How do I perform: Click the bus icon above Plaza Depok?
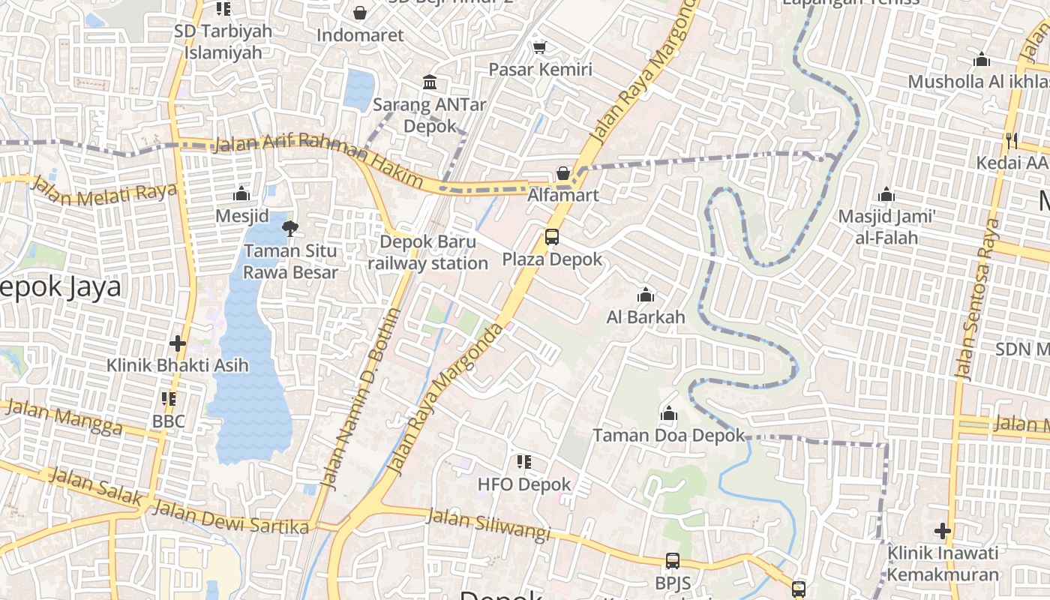point(552,237)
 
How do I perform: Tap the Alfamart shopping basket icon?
point(563,173)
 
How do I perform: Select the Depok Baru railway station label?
point(427,253)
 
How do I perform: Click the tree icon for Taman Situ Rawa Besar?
point(289,228)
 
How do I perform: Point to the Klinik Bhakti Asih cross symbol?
point(178,343)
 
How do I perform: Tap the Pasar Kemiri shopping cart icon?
point(538,48)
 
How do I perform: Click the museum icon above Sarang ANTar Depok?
point(430,82)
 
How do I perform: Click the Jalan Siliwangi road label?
point(488,524)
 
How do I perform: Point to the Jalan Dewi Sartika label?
point(230,518)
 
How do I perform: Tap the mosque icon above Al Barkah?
point(645,295)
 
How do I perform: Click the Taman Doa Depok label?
point(668,435)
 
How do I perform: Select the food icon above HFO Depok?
point(524,462)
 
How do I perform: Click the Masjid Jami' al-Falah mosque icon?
point(886,195)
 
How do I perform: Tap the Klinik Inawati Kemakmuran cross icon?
point(943,531)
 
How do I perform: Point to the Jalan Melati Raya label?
point(104,193)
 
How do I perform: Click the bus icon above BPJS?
point(673,561)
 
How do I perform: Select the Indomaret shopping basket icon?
point(360,13)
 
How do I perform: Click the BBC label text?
point(169,421)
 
